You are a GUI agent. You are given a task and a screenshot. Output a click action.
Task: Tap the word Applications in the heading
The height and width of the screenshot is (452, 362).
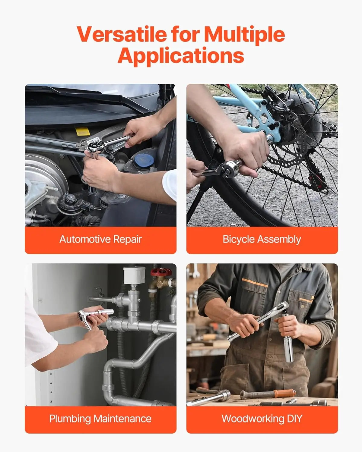click(181, 56)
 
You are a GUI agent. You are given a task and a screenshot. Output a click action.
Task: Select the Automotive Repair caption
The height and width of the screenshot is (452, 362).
click(100, 240)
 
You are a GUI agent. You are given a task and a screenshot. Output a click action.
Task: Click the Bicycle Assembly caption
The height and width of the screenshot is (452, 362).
click(262, 240)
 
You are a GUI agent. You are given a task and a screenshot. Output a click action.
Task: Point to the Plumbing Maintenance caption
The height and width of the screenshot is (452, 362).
click(100, 419)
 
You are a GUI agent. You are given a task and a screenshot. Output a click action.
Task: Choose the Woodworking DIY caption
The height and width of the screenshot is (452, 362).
click(262, 419)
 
